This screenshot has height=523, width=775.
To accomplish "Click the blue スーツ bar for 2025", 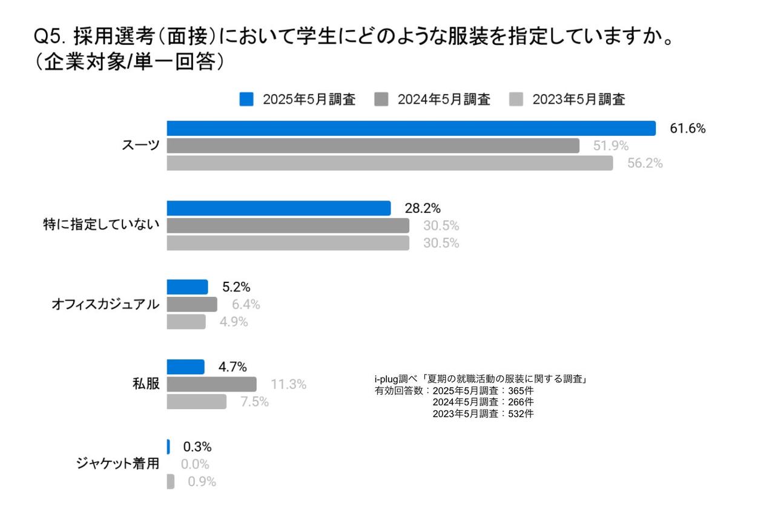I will point(411,128).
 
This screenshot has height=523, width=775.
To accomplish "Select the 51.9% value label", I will point(610,146).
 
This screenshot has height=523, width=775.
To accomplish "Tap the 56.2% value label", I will point(645,164).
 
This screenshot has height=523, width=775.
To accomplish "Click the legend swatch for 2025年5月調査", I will point(246,99).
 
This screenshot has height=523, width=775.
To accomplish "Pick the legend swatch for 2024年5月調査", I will point(381,99).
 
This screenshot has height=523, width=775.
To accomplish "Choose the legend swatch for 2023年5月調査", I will point(516,99).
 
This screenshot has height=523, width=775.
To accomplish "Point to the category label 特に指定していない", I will point(99,225).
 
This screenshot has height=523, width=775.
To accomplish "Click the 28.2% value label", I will point(423,208).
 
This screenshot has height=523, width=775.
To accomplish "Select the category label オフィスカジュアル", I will point(106,305).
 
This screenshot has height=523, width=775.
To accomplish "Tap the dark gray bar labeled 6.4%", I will point(192,304).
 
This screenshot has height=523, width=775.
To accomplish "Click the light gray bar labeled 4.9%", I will point(186,322).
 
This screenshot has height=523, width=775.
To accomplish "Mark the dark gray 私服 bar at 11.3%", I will point(211,384).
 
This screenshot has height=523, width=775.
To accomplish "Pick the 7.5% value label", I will point(254,402).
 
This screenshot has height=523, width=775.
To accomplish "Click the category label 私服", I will point(146,384).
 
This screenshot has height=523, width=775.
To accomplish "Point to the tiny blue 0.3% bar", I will point(168,447).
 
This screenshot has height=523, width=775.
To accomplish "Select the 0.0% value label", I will point(195,465).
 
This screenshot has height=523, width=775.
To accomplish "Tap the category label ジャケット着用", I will point(117,464).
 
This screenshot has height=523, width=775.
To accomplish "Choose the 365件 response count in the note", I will point(521,391).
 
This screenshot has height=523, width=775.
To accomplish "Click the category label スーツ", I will point(141,146).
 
